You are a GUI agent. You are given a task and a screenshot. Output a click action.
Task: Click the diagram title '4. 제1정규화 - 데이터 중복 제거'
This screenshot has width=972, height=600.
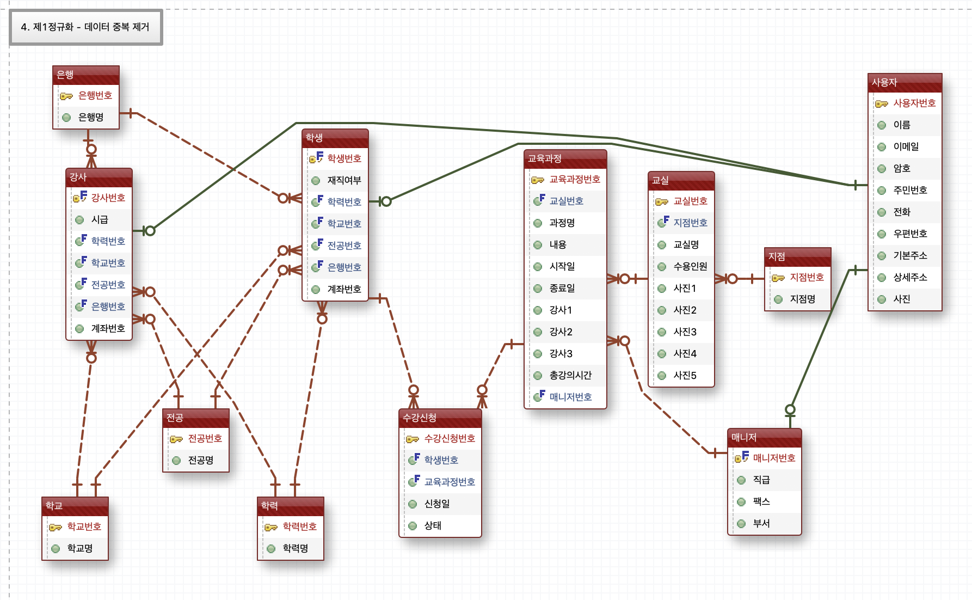(85, 27)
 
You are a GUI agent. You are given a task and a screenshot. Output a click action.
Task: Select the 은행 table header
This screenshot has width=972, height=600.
(85, 75)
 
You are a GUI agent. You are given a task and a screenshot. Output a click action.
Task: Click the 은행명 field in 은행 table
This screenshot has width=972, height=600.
(91, 117)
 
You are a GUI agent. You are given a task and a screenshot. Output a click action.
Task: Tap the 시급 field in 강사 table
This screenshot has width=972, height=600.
(100, 219)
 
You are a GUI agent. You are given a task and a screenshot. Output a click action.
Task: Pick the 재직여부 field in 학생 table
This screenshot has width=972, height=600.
(344, 180)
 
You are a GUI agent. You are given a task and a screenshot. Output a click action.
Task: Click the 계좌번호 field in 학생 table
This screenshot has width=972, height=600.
(344, 289)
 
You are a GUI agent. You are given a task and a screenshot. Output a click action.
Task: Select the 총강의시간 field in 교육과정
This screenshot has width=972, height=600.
(570, 375)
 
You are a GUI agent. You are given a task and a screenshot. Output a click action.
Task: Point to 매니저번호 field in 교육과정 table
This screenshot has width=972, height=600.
(570, 397)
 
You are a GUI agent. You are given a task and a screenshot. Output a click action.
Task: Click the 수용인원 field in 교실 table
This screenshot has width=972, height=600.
(690, 266)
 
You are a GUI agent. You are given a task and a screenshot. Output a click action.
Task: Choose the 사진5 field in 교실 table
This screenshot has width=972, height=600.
(685, 375)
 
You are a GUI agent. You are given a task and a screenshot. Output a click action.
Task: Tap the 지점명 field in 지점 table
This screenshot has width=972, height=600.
(802, 299)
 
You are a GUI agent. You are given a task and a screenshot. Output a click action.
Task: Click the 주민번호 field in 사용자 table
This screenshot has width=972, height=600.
(910, 190)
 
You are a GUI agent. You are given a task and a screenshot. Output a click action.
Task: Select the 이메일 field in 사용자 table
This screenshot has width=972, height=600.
(906, 146)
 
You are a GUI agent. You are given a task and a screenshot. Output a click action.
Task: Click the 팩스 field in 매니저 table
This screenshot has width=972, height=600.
(761, 501)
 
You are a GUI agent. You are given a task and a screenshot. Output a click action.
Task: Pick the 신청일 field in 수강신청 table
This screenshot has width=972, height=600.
(437, 504)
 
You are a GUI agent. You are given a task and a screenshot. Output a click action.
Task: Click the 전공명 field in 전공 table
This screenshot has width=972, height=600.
(200, 460)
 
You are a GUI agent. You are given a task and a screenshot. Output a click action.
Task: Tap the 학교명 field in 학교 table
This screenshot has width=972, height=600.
(79, 548)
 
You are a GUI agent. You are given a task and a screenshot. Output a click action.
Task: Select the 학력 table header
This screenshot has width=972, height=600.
(290, 506)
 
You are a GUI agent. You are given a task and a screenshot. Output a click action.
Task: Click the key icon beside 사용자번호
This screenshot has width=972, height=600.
(881, 103)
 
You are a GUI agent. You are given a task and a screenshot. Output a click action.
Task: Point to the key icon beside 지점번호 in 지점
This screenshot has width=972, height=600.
(778, 278)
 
